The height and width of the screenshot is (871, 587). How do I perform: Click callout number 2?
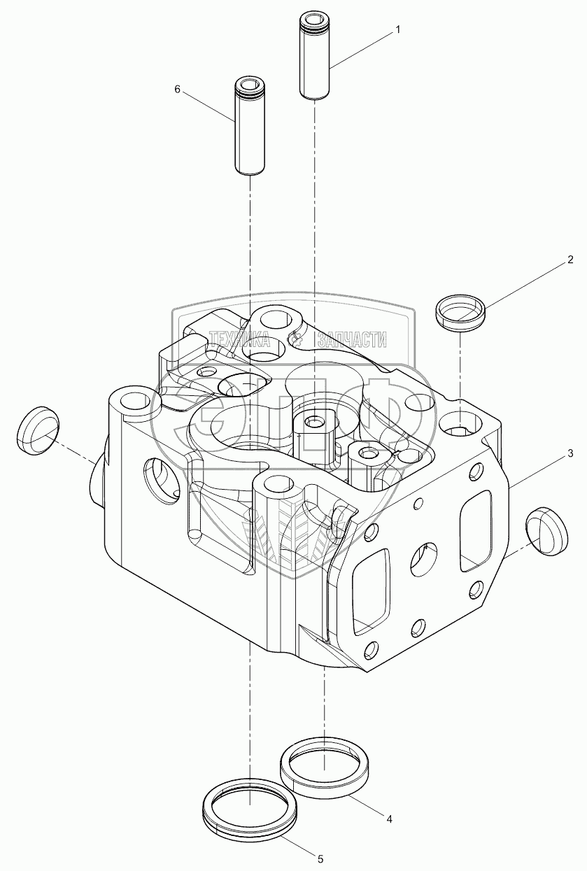[570, 260]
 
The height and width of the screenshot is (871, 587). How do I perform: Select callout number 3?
[570, 454]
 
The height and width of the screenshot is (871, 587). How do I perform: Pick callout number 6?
[177, 90]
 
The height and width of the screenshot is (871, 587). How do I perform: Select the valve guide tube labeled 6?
[248, 126]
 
